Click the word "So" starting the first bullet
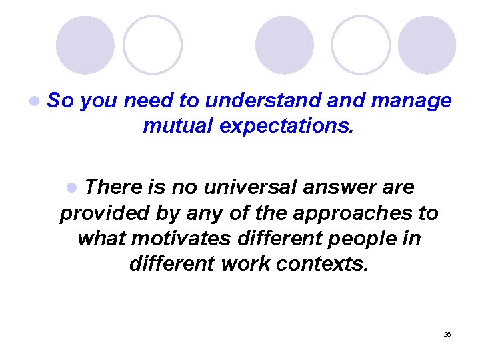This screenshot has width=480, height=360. [61, 101]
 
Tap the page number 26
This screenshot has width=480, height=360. [447, 334]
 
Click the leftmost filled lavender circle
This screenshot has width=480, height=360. [85, 45]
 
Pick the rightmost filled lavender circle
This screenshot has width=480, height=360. [427, 45]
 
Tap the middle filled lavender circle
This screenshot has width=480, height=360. [285, 45]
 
